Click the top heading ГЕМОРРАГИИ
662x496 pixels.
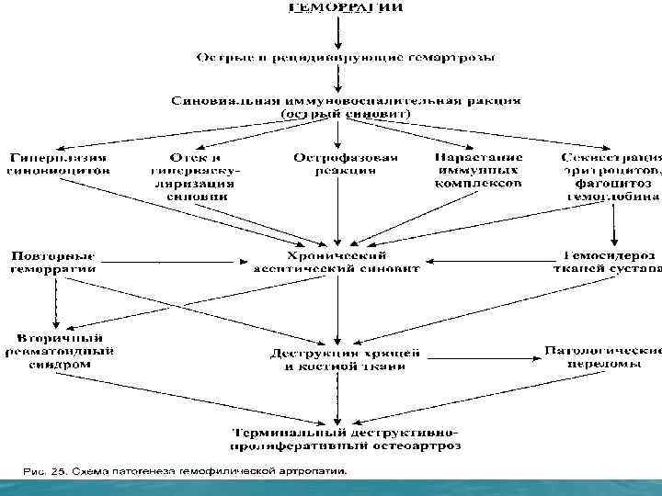click(345, 8)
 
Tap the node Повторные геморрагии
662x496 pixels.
click(52, 261)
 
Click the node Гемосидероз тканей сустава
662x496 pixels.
click(610, 261)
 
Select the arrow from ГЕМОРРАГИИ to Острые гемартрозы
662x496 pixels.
click(340, 32)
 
